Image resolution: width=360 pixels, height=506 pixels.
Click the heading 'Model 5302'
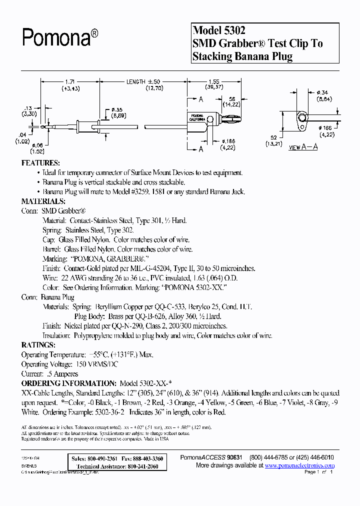(218, 31)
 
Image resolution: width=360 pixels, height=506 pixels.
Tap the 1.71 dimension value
(71, 81)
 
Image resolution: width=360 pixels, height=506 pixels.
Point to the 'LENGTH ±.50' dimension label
(143, 81)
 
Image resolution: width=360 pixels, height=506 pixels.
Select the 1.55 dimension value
(213, 81)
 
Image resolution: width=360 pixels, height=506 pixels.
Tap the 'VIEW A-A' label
(303, 147)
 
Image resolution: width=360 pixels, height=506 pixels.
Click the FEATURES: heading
(40, 163)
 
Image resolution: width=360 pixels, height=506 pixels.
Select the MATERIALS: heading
(43, 201)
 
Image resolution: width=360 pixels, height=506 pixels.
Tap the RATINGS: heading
(38, 345)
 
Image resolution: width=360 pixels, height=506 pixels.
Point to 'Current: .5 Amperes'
(49, 374)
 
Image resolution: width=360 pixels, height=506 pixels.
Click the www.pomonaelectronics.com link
(299, 465)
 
